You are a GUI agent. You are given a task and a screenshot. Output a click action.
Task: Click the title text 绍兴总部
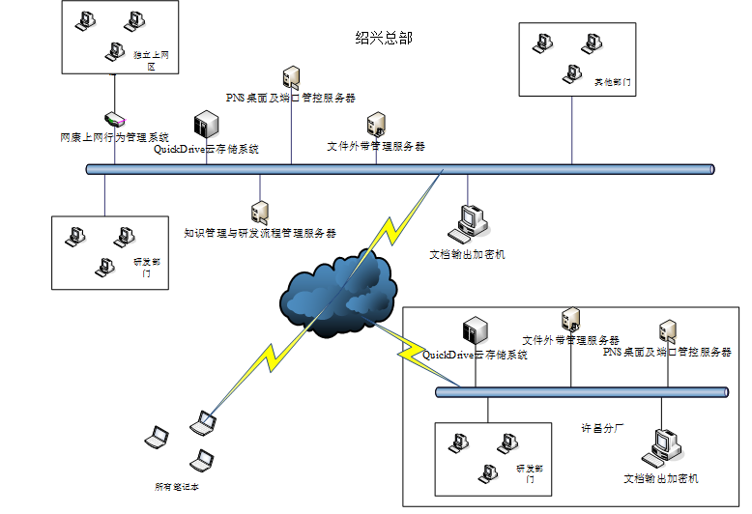[384, 39]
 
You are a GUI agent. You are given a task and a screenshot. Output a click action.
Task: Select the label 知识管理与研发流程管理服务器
[260, 233]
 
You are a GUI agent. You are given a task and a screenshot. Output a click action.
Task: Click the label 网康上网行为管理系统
[114, 137]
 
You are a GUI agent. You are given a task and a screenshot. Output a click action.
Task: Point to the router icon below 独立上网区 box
[115, 120]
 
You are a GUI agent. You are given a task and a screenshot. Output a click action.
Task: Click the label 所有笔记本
[177, 487]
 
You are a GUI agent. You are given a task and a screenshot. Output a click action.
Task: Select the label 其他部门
[613, 84]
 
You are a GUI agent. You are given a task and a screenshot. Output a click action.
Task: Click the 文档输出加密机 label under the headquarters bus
[467, 254]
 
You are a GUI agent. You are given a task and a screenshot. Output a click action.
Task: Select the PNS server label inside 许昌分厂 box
[667, 352]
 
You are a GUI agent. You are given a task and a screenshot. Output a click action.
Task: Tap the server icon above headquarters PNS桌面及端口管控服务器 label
[291, 76]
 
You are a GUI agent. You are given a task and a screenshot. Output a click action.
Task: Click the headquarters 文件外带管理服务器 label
[376, 146]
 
